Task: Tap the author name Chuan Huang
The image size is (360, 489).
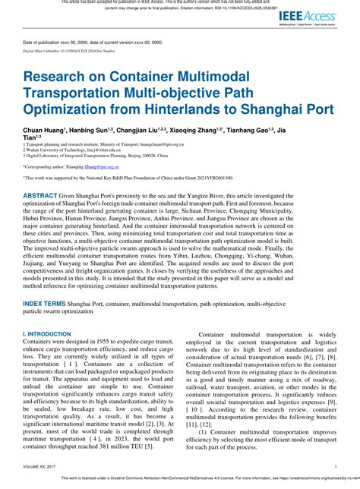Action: point(43,131)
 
